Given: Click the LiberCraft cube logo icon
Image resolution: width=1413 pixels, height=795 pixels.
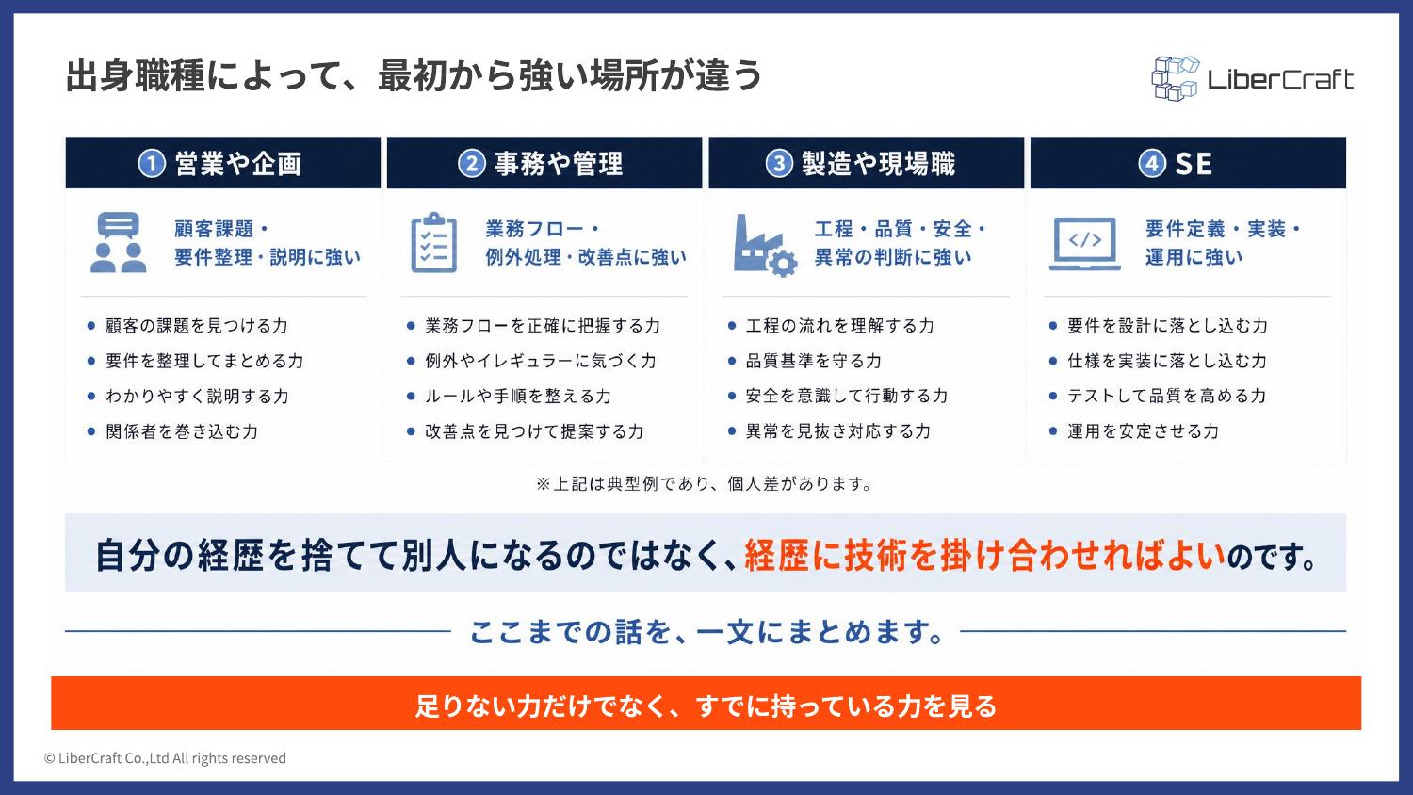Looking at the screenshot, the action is pyautogui.click(x=1175, y=79).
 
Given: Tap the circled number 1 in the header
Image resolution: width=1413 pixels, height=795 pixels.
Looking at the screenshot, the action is pyautogui.click(x=152, y=164).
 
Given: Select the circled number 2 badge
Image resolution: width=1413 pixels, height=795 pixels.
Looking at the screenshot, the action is pyautogui.click(x=471, y=164).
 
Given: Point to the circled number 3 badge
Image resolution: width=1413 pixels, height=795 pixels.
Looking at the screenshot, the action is pyautogui.click(x=779, y=164).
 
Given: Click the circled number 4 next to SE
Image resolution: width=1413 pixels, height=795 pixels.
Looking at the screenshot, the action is pyautogui.click(x=1152, y=164).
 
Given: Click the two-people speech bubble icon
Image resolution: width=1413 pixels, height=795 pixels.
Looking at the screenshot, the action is pyautogui.click(x=118, y=242).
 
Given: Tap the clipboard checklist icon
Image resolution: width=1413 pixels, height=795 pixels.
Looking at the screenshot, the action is pyautogui.click(x=434, y=242).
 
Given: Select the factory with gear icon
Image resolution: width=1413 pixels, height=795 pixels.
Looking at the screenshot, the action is pyautogui.click(x=765, y=246).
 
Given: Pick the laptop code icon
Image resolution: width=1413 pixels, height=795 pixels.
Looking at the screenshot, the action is pyautogui.click(x=1085, y=244).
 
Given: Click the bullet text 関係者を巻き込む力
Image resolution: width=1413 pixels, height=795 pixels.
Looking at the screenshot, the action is pyautogui.click(x=182, y=431).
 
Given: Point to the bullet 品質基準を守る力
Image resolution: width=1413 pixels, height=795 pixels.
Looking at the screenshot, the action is pyautogui.click(x=813, y=361).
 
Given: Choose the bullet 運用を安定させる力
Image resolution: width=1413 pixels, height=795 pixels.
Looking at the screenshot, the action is pyautogui.click(x=1143, y=431).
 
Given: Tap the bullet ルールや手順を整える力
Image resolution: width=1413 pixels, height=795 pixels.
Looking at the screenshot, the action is pyautogui.click(x=518, y=397).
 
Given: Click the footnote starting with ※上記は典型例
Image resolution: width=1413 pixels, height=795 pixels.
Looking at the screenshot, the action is pyautogui.click(x=704, y=484).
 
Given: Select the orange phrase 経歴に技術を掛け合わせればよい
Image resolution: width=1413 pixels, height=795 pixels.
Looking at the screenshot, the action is pyautogui.click(x=984, y=555).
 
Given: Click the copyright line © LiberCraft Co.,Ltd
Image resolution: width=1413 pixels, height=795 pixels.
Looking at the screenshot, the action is pyautogui.click(x=165, y=757).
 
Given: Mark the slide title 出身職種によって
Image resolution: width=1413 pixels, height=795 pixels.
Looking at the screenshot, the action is pyautogui.click(x=414, y=76).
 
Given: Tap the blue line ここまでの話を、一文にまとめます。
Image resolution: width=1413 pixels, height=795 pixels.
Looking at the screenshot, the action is pyautogui.click(x=706, y=632).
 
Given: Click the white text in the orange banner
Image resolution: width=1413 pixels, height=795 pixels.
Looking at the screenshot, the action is pyautogui.click(x=706, y=706).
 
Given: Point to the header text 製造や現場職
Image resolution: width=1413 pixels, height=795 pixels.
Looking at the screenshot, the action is pyautogui.click(x=878, y=164).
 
